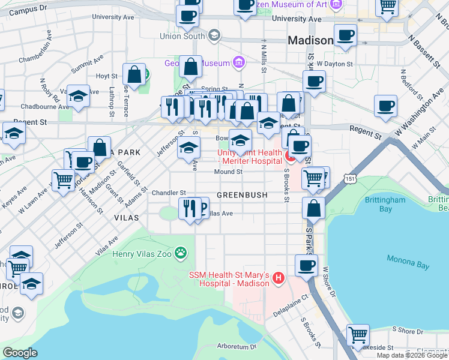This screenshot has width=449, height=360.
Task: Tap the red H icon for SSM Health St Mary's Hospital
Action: pyautogui.click(x=278, y=278)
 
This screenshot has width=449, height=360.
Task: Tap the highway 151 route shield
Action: pyautogui.click(x=350, y=179)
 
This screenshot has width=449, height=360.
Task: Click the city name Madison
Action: pyautogui.click(x=310, y=41)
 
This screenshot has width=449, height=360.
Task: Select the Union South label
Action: pyautogui.click(x=182, y=36)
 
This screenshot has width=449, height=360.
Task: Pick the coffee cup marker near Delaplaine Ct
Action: pyautogui.click(x=306, y=265)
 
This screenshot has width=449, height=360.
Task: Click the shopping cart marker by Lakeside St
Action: pyautogui.click(x=358, y=334)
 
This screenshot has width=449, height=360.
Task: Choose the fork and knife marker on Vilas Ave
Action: pyautogui.click(x=190, y=209)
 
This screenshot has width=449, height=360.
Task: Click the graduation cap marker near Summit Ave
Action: pyautogui.click(x=78, y=95)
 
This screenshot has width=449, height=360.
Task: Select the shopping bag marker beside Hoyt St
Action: pyautogui.click(x=134, y=74)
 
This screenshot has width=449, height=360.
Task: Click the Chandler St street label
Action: pyautogui.click(x=169, y=193)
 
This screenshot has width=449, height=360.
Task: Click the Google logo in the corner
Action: pyautogui.click(x=20, y=353)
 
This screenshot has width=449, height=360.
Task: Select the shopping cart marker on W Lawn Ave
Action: pyautogui.click(x=63, y=179)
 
